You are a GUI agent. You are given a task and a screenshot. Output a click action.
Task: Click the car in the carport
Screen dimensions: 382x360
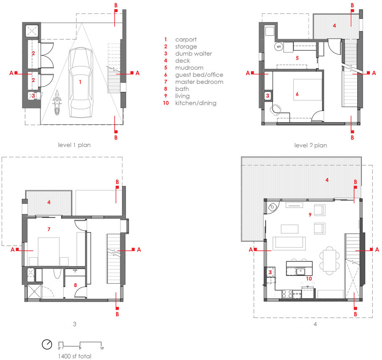[81, 82]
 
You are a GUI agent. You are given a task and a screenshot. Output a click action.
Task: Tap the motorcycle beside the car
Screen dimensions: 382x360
[57, 102]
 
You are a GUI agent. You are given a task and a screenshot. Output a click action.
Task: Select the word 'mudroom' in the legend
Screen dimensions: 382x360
[189, 68]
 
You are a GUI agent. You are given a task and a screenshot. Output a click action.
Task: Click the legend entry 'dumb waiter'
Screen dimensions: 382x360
[194, 54]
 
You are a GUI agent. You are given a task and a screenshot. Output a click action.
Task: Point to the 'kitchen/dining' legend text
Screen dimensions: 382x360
[196, 103]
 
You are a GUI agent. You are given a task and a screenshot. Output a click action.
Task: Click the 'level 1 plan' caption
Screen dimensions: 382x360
[74, 145]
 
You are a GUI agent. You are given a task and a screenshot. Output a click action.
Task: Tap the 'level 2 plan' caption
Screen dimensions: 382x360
[311, 146]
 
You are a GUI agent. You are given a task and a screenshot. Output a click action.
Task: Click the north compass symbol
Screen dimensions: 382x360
[47, 344]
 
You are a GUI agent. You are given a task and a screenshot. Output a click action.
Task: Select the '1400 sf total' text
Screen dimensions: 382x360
[75, 356]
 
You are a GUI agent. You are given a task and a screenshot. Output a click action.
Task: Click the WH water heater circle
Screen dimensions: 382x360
[279, 47]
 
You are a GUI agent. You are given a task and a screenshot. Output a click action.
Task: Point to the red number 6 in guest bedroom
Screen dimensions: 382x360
[297, 94]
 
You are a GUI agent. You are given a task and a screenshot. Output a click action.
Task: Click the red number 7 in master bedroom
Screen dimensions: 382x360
[49, 229]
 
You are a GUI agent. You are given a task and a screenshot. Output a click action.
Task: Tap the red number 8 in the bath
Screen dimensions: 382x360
[76, 285]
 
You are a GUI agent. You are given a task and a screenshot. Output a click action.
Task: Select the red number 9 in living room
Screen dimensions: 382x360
[310, 214]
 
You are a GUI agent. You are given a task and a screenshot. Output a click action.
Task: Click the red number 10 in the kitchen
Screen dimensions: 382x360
[309, 279]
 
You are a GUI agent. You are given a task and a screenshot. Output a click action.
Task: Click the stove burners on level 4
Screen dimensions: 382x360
[287, 294]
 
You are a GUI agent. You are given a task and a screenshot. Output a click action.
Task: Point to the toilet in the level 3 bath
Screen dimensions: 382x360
[57, 273]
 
